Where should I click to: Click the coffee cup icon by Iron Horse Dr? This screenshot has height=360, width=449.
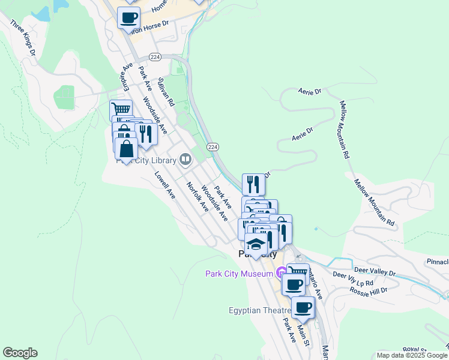tap(129, 17)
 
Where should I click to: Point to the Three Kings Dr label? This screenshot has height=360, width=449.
tap(23, 38)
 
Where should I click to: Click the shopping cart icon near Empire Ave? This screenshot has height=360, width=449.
tap(121, 110)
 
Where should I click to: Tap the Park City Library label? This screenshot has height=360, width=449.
tap(147, 160)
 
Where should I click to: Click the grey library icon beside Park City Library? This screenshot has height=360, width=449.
tap(185, 160)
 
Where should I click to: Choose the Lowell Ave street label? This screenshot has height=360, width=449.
tap(164, 186)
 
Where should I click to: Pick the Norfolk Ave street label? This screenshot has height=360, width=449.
tap(197, 197)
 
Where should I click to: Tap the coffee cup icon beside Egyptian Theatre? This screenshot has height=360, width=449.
tap(303, 307)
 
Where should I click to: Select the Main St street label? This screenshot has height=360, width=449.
tap(303, 335)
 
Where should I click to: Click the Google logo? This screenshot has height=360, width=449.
tap(20, 353)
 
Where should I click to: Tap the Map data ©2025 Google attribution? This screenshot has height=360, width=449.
tap(411, 355)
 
